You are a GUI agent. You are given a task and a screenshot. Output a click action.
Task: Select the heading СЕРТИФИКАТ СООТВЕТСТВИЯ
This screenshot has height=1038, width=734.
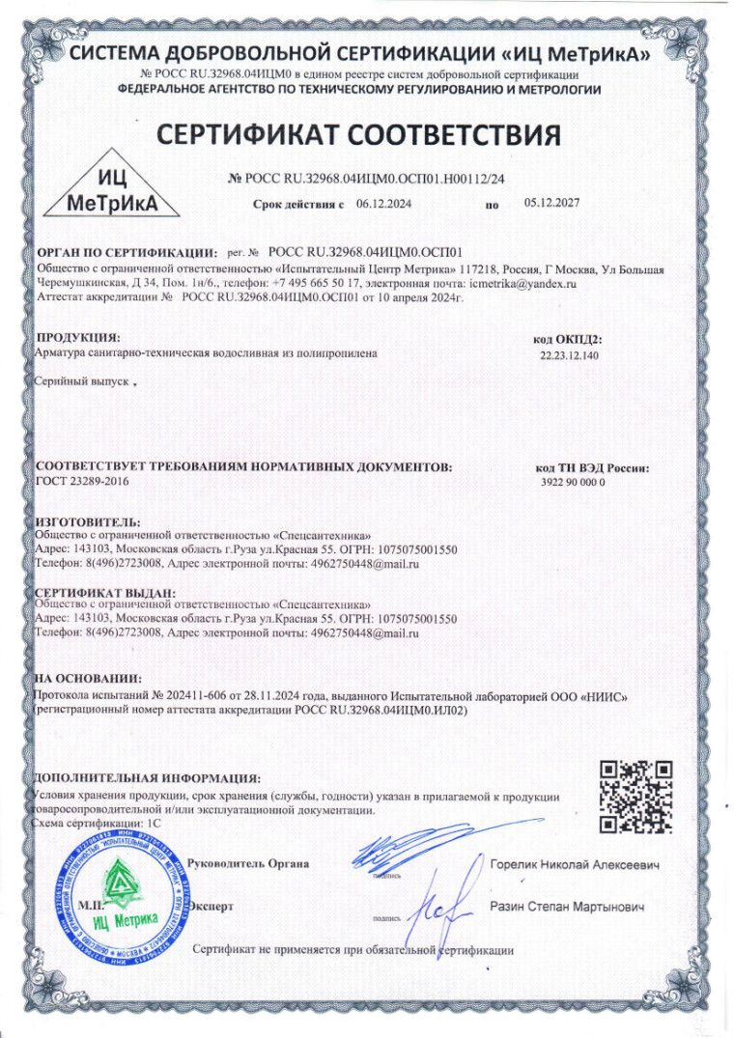pos(359,134)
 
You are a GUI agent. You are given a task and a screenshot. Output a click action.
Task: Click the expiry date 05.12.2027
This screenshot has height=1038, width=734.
pos(551,204)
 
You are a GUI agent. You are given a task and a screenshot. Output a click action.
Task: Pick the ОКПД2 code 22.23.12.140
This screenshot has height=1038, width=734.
pos(570,356)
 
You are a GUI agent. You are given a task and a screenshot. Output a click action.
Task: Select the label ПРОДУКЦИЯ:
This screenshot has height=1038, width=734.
pos(78,338)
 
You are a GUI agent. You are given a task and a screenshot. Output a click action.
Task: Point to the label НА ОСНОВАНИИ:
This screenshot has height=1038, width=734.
pos(88,680)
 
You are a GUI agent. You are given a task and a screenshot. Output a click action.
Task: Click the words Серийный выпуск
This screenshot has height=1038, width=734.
pos(81,382)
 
